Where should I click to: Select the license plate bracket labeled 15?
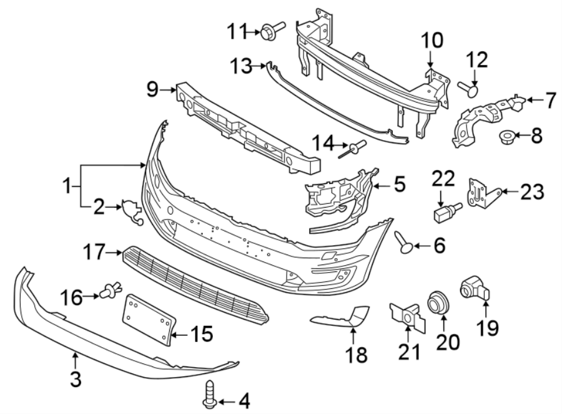(148, 318)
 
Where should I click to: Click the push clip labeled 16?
(109, 291)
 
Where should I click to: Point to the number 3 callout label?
(76, 379)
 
